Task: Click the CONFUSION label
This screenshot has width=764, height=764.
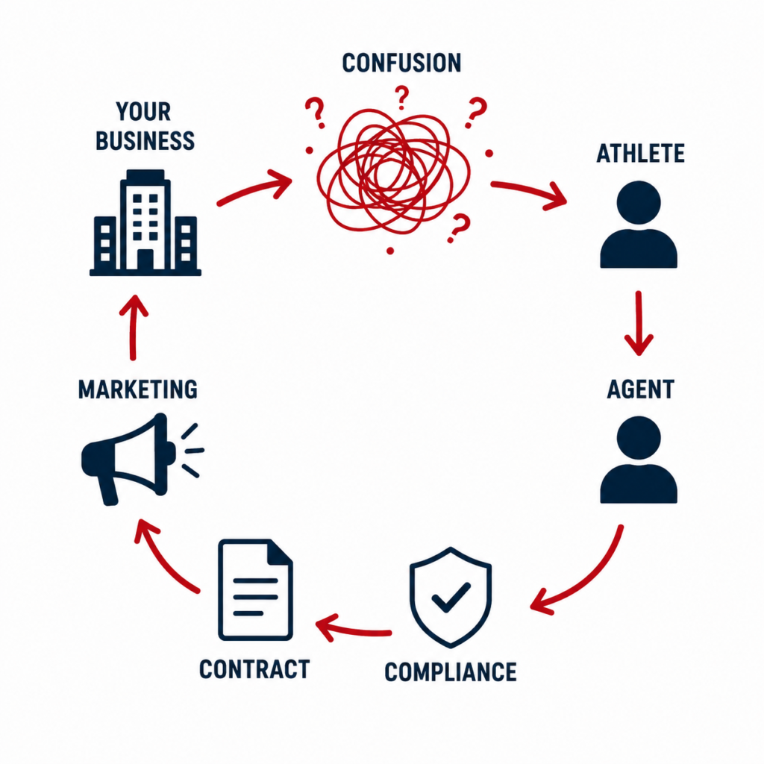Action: (x=401, y=63)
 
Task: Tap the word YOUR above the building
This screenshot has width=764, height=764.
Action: (x=143, y=112)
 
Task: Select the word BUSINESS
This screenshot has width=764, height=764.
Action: (x=145, y=141)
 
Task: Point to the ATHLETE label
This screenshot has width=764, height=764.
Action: (x=640, y=154)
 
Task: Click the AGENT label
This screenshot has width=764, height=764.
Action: (x=640, y=389)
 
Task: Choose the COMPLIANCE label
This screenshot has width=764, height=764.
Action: (x=450, y=672)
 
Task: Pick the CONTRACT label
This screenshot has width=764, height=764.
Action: (x=254, y=669)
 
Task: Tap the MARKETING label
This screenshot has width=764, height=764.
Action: (x=138, y=389)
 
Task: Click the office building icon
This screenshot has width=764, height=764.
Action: (x=145, y=222)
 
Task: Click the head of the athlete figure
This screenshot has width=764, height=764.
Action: (x=639, y=203)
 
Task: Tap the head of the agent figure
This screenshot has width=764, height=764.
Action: (x=639, y=437)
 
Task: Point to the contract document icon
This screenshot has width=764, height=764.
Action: (x=255, y=589)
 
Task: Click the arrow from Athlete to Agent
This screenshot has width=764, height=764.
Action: (x=639, y=324)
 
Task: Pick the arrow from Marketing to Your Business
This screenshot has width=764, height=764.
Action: (x=133, y=328)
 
